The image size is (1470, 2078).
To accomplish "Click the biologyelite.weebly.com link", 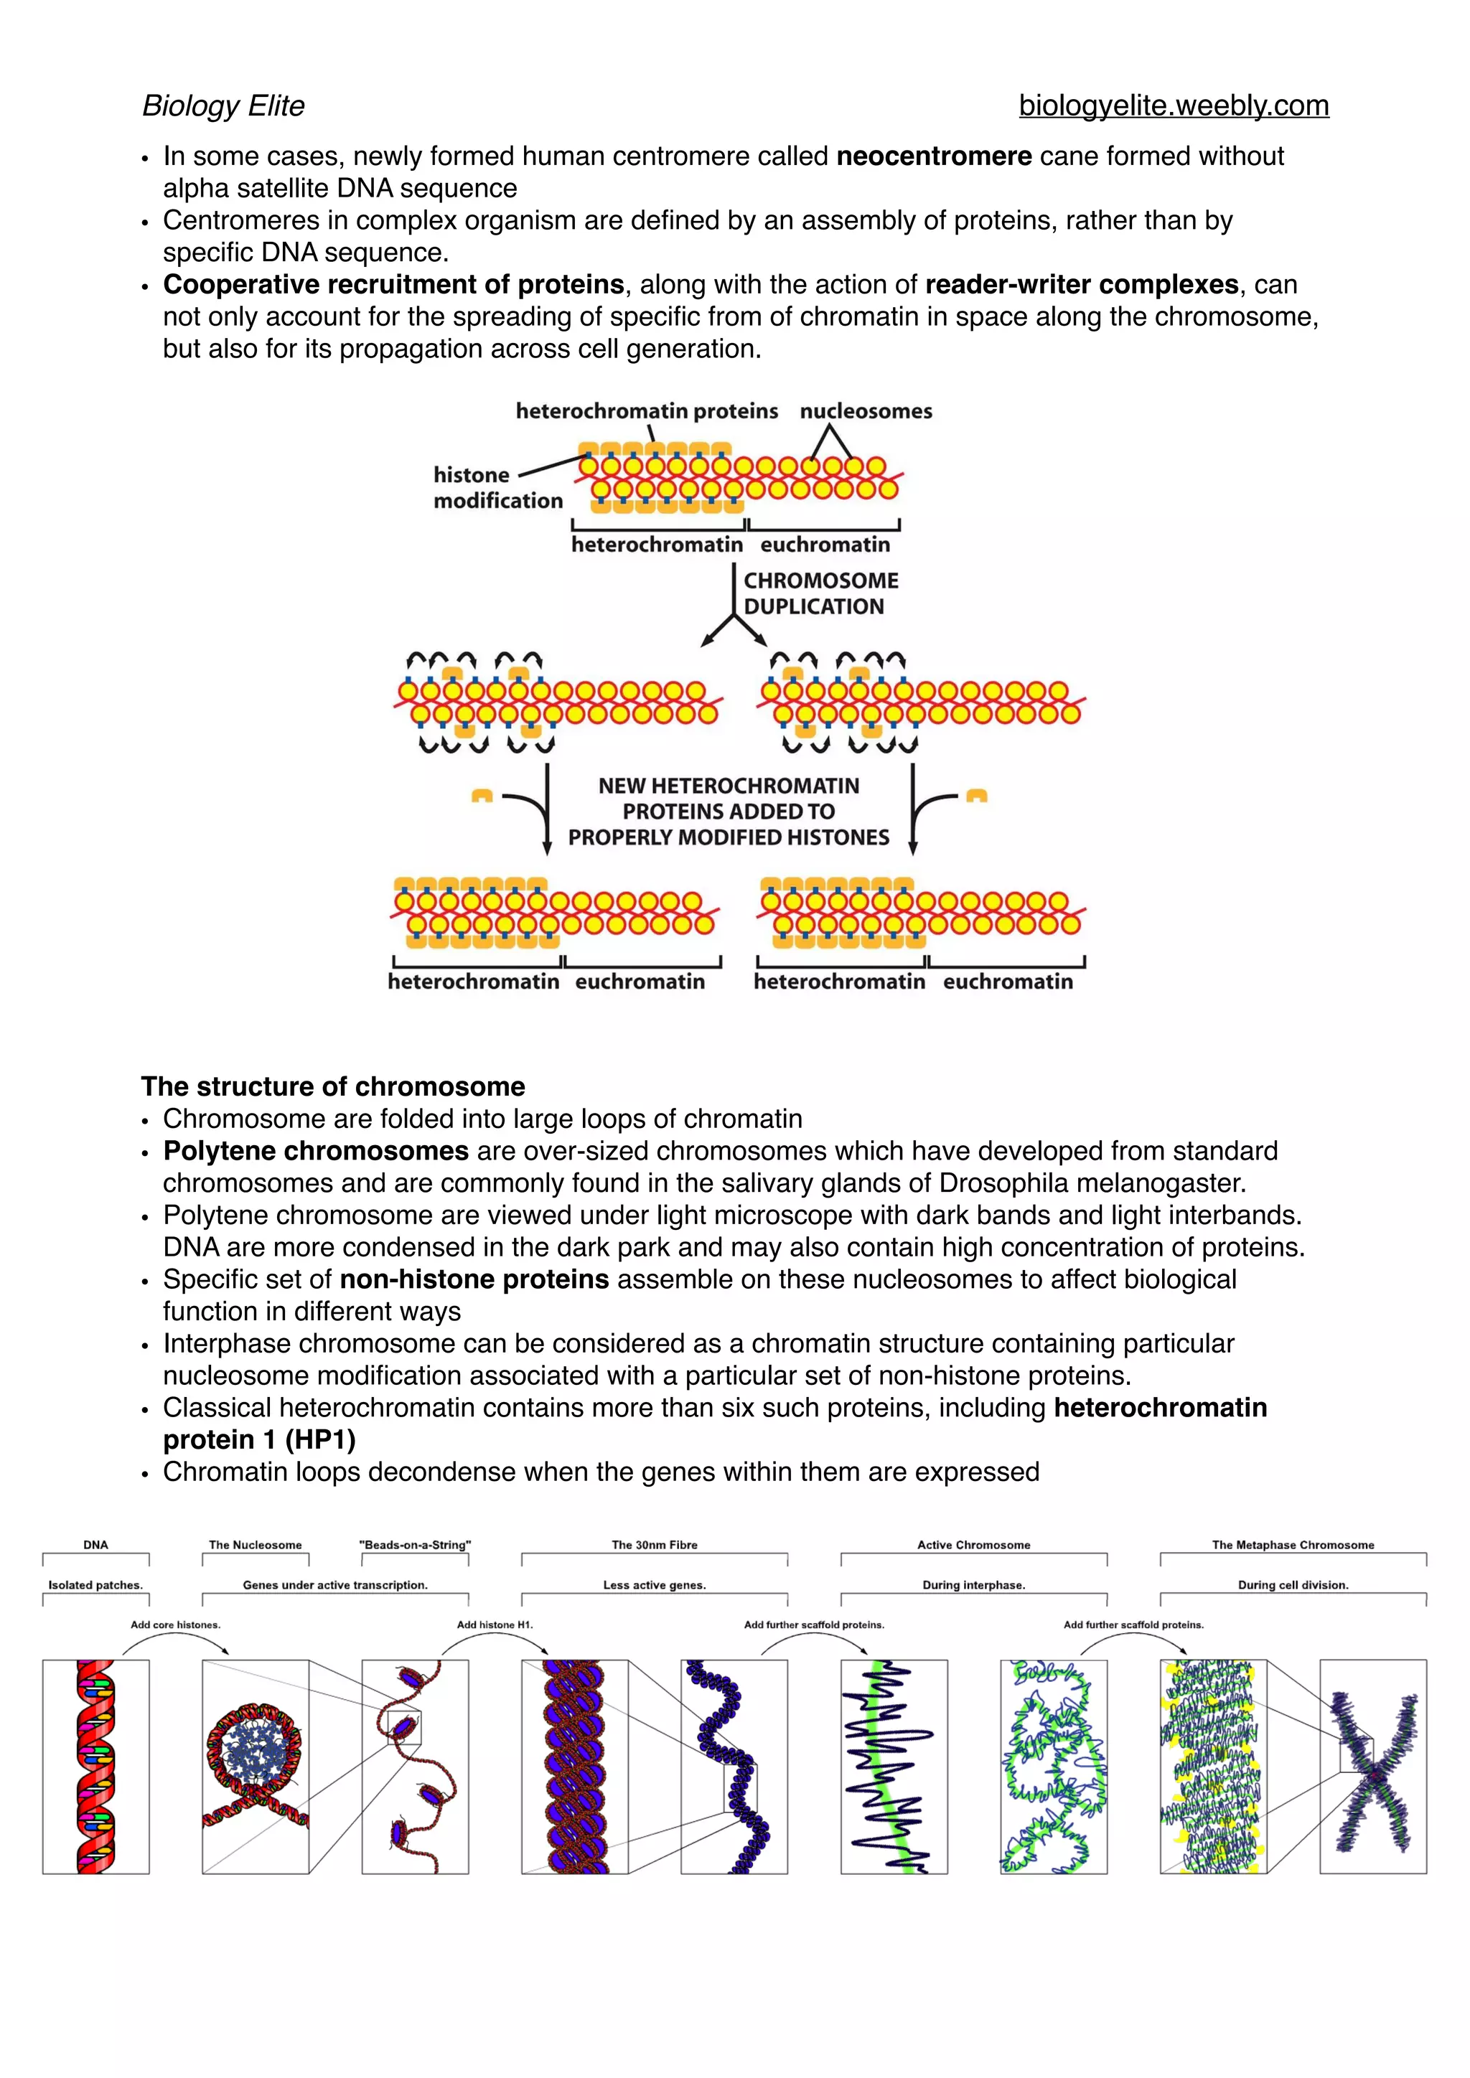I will pos(1173,106).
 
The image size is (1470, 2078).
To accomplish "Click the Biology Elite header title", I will pos(223,106).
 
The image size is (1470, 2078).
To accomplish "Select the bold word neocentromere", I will pos(933,156).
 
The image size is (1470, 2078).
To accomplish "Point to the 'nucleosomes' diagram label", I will pos(866,411).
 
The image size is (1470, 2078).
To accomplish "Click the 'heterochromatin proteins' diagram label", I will pos(646,411).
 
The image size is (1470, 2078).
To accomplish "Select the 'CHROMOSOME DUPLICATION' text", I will pos(820,593).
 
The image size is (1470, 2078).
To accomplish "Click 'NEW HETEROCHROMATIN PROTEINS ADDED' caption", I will pos(729,811).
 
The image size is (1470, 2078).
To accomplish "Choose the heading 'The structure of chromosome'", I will pos(333,1086).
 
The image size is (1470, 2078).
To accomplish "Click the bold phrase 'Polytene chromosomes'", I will pos(316,1151).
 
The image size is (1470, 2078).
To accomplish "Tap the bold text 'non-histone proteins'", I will pos(474,1280).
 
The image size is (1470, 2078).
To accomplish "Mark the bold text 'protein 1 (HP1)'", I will pos(259,1440).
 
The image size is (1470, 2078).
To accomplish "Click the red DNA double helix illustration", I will pos(96,1766).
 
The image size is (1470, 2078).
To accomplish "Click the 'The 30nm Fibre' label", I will pos(655,1545).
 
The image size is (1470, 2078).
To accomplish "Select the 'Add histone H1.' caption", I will pos(495,1625).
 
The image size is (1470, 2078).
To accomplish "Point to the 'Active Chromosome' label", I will pos(973,1545).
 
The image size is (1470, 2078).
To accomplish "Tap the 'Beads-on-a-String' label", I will pos(415,1545).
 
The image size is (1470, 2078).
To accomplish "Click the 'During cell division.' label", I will pos(1293,1585).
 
